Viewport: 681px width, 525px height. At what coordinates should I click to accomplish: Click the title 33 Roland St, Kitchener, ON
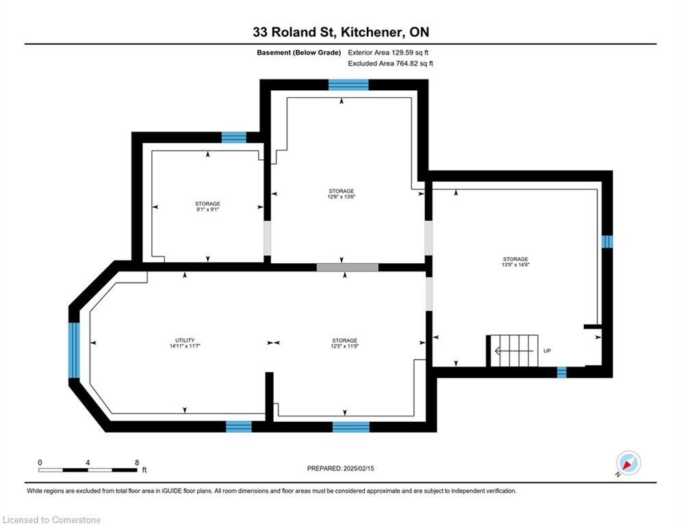click(341, 32)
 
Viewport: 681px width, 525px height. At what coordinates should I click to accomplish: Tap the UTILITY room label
click(185, 340)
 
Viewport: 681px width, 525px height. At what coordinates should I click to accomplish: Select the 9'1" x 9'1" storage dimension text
click(207, 210)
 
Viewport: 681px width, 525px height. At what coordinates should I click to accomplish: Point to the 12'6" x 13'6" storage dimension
click(342, 197)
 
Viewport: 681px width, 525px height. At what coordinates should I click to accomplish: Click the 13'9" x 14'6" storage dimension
click(515, 265)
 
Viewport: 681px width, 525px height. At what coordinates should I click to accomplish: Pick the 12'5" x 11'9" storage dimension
click(345, 346)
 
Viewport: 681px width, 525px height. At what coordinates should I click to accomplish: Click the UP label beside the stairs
click(548, 351)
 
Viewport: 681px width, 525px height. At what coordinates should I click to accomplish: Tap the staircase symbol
click(514, 351)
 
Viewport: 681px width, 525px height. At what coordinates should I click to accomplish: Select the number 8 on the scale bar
click(137, 463)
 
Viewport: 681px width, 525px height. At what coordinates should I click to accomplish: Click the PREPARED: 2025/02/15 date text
click(341, 468)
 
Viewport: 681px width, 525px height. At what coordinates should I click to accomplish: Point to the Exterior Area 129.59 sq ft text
click(388, 53)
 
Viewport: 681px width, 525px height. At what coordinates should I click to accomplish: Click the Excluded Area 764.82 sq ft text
click(390, 64)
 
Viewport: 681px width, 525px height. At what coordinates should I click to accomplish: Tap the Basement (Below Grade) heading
click(299, 53)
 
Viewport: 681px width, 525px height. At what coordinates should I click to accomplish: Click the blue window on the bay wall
click(75, 350)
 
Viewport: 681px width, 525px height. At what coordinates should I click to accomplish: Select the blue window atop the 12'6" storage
click(348, 85)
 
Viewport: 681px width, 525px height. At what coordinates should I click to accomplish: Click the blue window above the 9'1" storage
click(234, 137)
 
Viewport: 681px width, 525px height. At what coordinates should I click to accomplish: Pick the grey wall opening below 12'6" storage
click(348, 267)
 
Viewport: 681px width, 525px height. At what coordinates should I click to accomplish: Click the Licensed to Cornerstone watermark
click(51, 520)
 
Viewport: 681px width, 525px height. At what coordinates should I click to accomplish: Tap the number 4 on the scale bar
click(88, 463)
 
